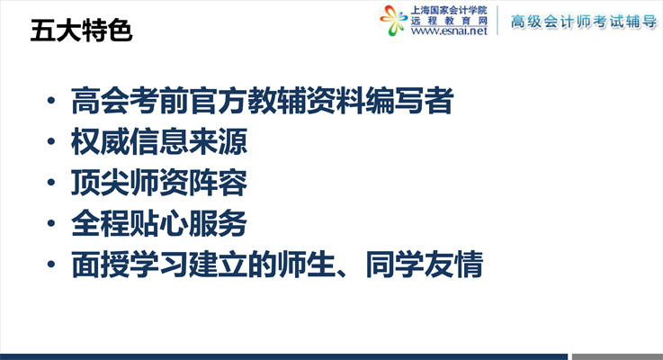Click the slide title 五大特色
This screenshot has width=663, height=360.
(81, 31)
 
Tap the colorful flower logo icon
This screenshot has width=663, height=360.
(393, 21)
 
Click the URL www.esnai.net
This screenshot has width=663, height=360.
(449, 31)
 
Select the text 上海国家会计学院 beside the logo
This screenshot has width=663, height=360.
(449, 10)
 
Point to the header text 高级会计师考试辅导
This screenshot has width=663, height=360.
(584, 22)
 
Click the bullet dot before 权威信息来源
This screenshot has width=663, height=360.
(51, 141)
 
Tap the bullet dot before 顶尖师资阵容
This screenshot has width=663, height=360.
(51, 183)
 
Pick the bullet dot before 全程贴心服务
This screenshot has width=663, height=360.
(51, 223)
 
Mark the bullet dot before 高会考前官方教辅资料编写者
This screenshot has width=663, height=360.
(51, 101)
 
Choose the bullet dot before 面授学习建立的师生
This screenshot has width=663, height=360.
(51, 265)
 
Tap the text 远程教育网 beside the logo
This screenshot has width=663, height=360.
(449, 21)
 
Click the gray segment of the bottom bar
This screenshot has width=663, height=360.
(617, 357)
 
